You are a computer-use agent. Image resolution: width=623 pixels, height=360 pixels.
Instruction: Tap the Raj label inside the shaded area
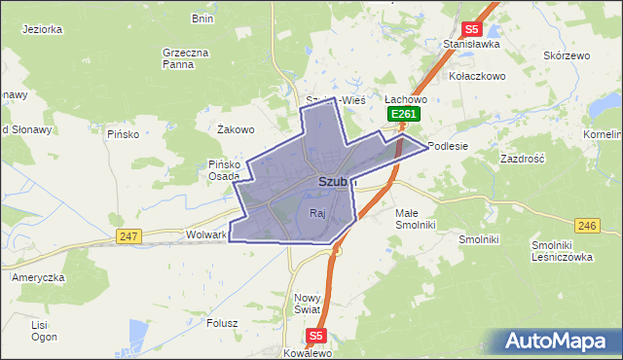316,213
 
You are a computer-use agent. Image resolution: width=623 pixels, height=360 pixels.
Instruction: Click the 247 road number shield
128,236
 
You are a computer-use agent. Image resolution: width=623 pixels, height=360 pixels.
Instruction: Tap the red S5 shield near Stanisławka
472,30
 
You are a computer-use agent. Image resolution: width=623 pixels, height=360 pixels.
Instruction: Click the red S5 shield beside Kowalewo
314,336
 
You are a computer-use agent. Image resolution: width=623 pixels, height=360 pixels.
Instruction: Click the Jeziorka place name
42,29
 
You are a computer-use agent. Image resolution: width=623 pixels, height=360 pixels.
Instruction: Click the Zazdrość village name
522,158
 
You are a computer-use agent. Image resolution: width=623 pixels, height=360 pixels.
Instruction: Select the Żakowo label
236,129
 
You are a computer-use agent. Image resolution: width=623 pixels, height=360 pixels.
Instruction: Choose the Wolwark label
205,235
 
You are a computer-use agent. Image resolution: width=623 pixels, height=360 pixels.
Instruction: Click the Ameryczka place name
38,277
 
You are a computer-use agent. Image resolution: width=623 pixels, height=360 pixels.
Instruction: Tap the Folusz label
223,324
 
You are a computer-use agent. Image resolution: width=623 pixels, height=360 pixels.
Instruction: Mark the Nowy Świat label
308,303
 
